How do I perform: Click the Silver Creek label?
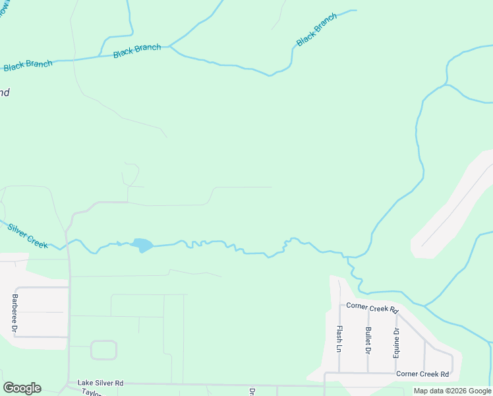click(28, 236)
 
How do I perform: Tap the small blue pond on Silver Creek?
click(142, 246)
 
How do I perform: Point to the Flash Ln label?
click(339, 339)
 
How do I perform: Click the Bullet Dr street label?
click(368, 339)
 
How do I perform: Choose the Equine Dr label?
click(396, 340)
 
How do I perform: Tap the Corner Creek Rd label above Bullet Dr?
click(373, 308)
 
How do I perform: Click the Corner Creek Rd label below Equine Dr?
click(422, 374)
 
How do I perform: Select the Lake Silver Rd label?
click(100, 383)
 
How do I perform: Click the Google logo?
click(22, 388)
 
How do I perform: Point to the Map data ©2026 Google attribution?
click(452, 391)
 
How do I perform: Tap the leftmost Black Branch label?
click(28, 65)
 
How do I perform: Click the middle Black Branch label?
click(137, 51)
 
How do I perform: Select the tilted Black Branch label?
click(316, 30)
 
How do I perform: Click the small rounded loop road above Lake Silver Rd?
click(103, 350)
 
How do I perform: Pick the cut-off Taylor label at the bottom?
click(91, 392)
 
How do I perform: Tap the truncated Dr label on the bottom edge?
click(252, 391)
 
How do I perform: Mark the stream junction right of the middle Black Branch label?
click(170, 47)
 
